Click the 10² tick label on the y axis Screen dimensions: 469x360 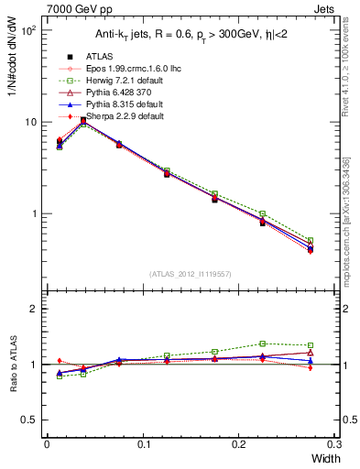click(x=27, y=30)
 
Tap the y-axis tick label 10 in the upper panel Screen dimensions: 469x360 click(x=30, y=122)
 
